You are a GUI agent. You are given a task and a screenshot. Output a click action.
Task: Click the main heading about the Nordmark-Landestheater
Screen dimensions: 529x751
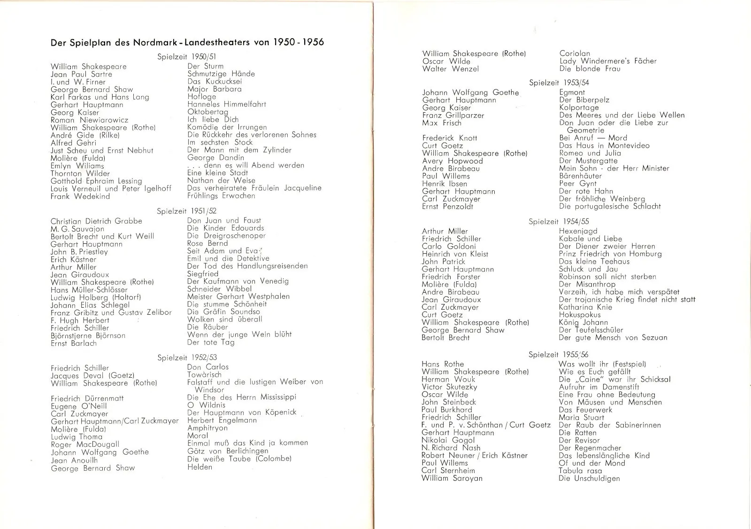point(187,42)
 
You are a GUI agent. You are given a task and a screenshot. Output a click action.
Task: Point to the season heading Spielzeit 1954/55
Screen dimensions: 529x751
point(559,221)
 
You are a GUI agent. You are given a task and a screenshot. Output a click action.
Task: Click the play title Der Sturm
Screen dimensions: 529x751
point(205,66)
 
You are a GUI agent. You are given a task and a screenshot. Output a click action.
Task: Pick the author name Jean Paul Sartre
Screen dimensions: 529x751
point(81,74)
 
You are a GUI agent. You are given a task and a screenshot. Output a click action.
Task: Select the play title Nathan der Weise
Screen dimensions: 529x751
point(221,180)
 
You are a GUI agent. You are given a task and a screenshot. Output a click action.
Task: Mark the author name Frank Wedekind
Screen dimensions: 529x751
point(80,196)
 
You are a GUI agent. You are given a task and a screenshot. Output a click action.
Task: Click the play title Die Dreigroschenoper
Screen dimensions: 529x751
point(226,236)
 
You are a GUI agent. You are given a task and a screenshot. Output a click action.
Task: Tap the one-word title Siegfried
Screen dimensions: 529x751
point(203,274)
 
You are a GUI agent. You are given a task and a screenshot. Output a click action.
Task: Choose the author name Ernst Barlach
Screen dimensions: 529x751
point(74,343)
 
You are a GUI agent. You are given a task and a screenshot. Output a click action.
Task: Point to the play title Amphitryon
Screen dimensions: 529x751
point(207,428)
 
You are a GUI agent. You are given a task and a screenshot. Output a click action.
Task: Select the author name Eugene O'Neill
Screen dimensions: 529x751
point(79,406)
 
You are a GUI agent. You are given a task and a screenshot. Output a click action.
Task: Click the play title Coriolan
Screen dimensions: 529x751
point(575,54)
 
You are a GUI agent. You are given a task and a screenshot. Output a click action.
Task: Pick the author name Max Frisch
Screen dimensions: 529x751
point(441,123)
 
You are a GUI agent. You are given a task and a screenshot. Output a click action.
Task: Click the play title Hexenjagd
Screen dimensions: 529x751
point(578,231)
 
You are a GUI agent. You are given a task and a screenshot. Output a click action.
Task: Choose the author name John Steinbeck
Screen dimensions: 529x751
point(448,402)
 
